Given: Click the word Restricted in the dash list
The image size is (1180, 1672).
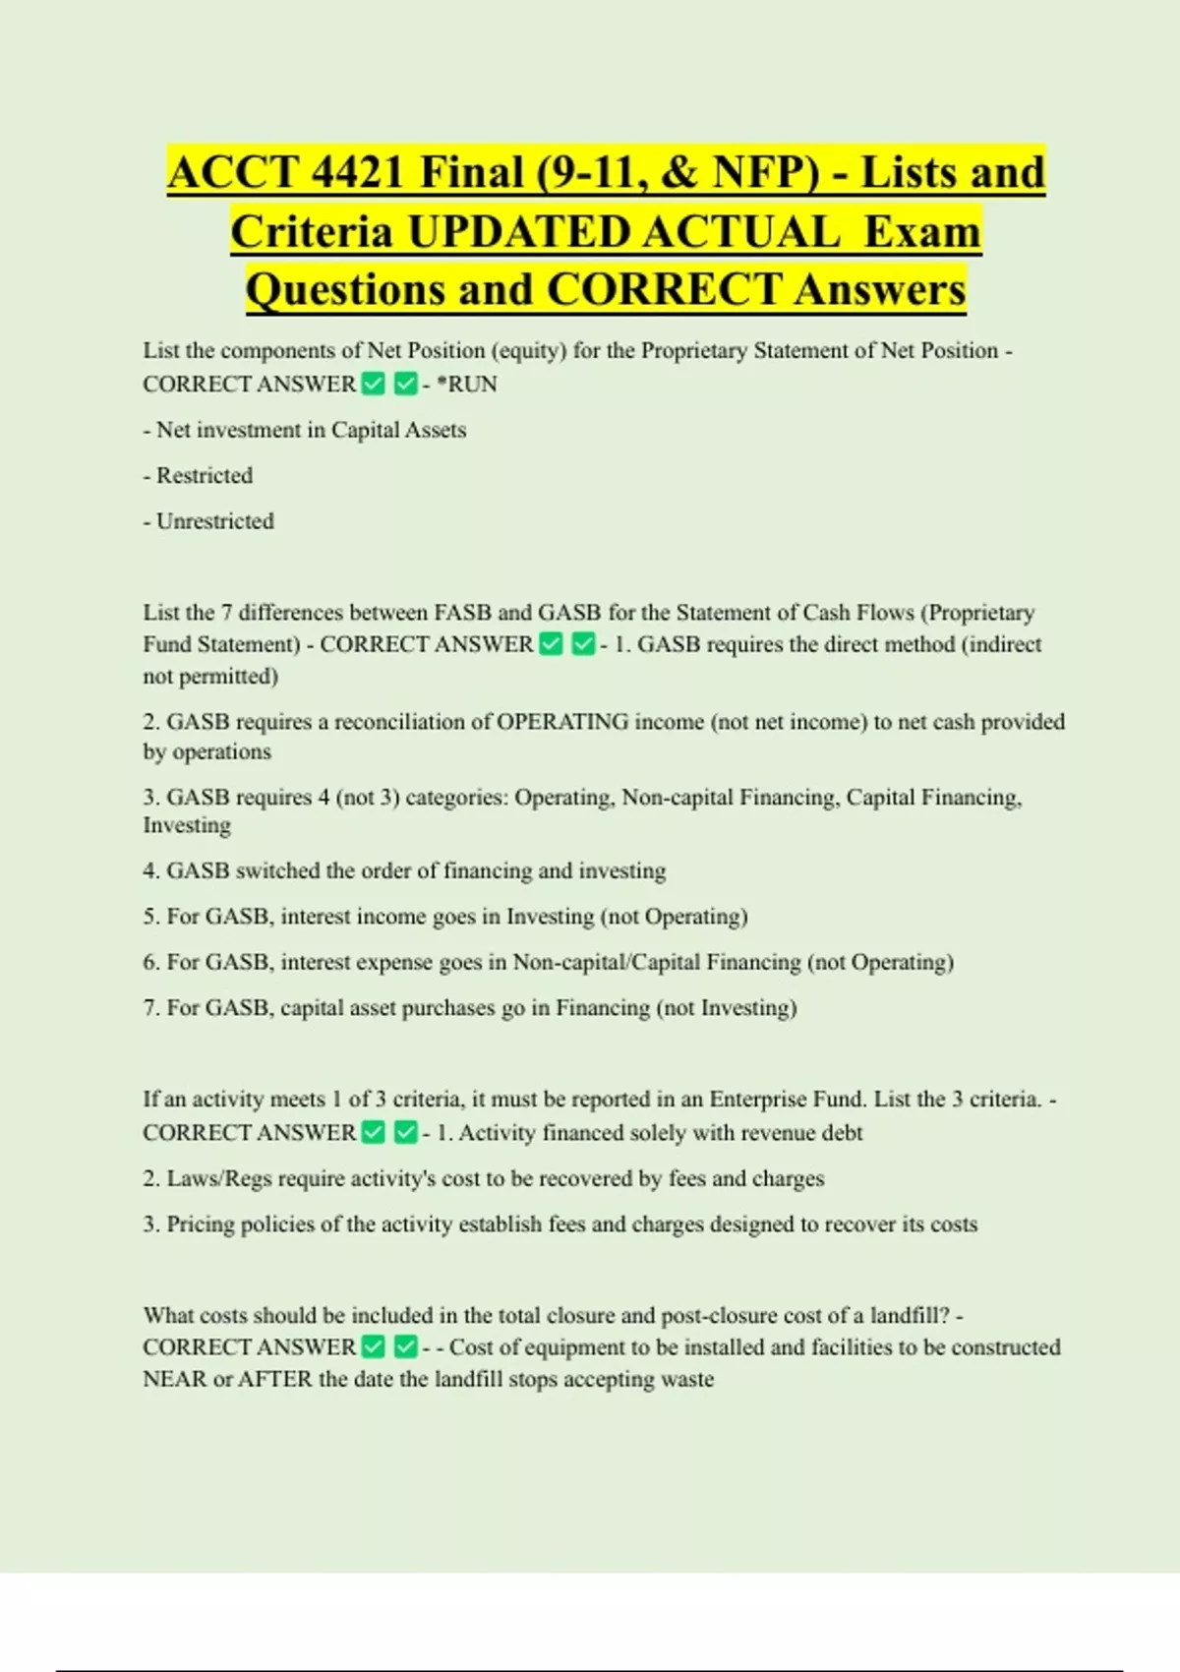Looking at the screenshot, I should (205, 475).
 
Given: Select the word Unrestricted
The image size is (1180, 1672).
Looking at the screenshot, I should (215, 521).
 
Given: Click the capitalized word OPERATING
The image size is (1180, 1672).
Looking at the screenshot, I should (562, 722).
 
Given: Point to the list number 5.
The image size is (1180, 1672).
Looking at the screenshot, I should (150, 917).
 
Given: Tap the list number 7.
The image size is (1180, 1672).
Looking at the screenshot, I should (150, 1008).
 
